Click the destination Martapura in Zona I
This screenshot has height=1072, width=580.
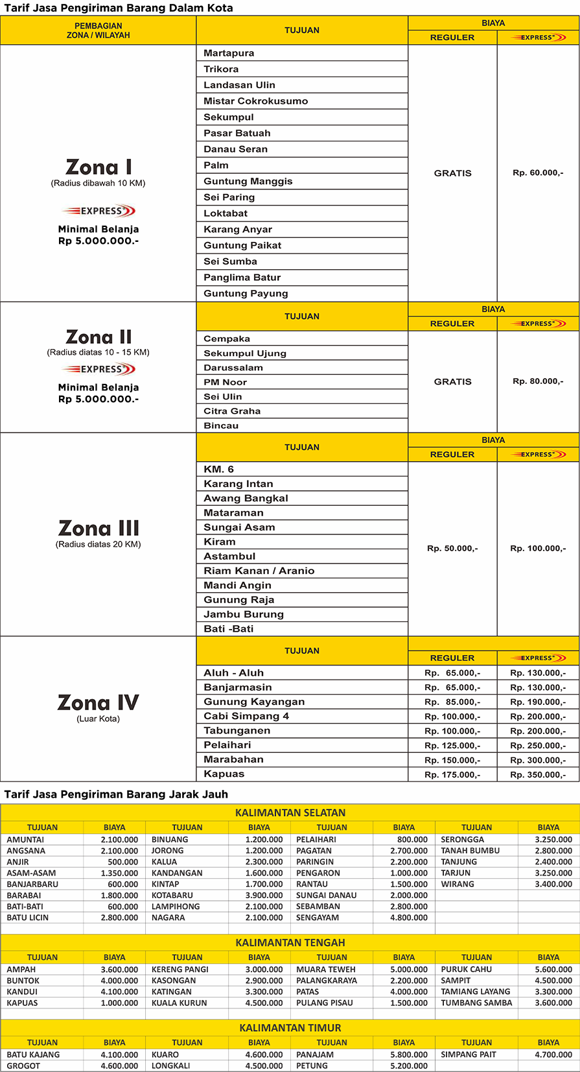tap(229, 53)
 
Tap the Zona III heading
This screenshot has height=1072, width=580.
tap(99, 528)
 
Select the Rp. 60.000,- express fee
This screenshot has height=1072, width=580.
tap(538, 173)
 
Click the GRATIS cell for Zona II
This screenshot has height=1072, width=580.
tap(452, 381)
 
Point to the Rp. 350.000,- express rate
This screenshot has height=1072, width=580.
tap(538, 774)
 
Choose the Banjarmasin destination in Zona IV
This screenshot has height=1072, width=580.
tap(238, 687)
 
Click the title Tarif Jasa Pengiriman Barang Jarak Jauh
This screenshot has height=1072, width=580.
tap(116, 794)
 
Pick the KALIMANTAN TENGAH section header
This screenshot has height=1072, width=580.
tap(290, 943)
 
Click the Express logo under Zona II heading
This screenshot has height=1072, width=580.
tap(99, 369)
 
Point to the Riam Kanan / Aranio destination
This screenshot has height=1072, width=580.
tap(259, 571)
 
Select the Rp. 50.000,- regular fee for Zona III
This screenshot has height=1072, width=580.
tap(452, 549)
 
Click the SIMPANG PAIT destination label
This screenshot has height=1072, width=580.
tap(469, 1054)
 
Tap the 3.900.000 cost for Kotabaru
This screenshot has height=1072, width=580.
tap(264, 895)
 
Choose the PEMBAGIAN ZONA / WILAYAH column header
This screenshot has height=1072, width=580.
tap(99, 30)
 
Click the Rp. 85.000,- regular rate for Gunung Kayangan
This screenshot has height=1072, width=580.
tap(452, 702)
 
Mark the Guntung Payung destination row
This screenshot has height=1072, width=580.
tap(246, 293)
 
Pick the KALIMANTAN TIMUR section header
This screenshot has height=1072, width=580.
tap(290, 1028)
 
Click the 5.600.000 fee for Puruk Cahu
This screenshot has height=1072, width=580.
tap(553, 970)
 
